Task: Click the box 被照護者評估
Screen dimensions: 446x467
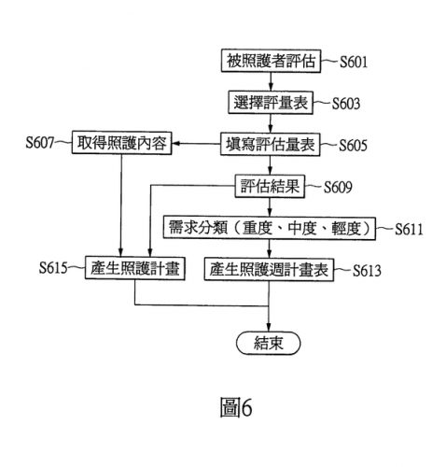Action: [x=271, y=61]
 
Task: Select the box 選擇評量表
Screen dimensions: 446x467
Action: [x=271, y=103]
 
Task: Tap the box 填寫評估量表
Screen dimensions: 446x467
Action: [x=271, y=144]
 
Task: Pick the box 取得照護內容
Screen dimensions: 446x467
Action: [x=121, y=143]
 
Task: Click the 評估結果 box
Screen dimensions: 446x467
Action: [x=270, y=186]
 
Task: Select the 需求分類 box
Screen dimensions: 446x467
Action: [x=270, y=229]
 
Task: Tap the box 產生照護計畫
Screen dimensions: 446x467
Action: [x=135, y=268]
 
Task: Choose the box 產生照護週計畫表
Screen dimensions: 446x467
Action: [x=269, y=270]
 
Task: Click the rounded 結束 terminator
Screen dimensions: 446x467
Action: [x=269, y=343]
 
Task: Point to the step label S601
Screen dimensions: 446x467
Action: [x=354, y=62]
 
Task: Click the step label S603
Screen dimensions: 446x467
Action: [x=346, y=104]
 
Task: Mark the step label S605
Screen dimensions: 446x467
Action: [x=353, y=146]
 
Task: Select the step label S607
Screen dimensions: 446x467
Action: [x=40, y=143]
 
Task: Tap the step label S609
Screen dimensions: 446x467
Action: [x=338, y=188]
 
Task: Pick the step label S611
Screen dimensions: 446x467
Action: [x=409, y=230]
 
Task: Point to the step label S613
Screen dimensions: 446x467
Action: [x=367, y=271]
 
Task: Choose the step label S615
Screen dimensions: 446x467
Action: [x=53, y=268]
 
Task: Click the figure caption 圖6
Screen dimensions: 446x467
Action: [x=236, y=407]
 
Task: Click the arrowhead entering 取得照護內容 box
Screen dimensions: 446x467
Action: [x=175, y=144]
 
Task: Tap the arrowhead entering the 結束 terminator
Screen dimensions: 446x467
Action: [x=269, y=328]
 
